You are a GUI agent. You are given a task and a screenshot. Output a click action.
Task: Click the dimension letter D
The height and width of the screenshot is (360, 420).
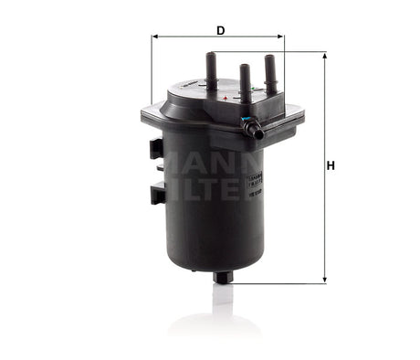pyautogui.click(x=220, y=30)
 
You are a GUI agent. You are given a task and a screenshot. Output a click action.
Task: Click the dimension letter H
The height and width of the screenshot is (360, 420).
pyautogui.click(x=331, y=165)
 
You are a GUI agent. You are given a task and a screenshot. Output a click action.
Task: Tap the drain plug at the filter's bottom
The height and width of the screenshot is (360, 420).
pyautogui.click(x=221, y=276)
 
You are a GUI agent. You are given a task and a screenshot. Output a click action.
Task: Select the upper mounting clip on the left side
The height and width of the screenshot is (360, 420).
pyautogui.click(x=157, y=148)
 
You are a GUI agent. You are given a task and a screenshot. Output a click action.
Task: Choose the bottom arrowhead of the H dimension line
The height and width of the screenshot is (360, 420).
pyautogui.click(x=324, y=280)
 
